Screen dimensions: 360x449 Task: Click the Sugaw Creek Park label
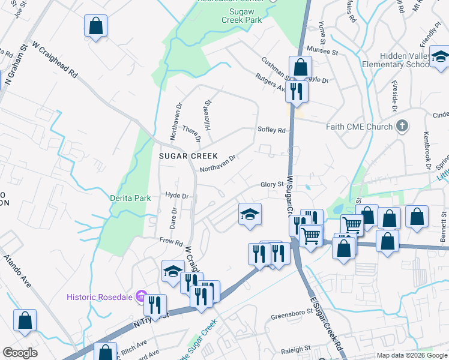246,15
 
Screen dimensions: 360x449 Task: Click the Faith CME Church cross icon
402,127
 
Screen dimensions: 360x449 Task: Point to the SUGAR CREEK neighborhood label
188,156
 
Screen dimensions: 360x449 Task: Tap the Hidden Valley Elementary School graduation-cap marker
440,58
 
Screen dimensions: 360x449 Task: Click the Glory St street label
271,185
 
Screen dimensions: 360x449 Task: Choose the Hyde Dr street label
177,196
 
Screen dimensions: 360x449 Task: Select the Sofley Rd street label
271,129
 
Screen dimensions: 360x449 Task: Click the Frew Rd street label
171,242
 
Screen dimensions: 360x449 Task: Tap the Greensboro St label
292,313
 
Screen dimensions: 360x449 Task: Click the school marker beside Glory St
250,214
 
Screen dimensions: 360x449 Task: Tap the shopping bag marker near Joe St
95,26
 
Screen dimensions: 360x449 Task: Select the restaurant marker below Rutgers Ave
296,91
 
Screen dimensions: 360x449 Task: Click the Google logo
20,353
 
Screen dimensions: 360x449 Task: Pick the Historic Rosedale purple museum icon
141,296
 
